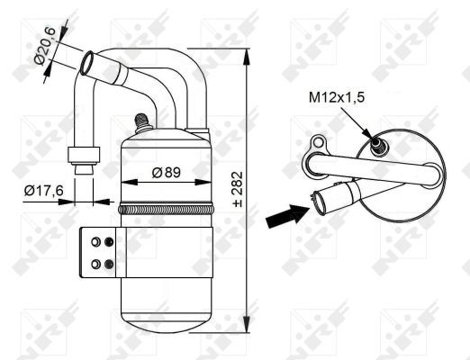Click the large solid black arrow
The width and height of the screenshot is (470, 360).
coord(287,215)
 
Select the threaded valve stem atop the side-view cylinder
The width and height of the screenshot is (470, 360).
coord(140,121)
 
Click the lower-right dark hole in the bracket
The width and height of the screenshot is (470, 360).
coord(109,263)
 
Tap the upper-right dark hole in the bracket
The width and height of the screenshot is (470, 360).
coord(109,241)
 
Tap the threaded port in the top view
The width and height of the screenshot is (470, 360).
coord(375,144)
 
